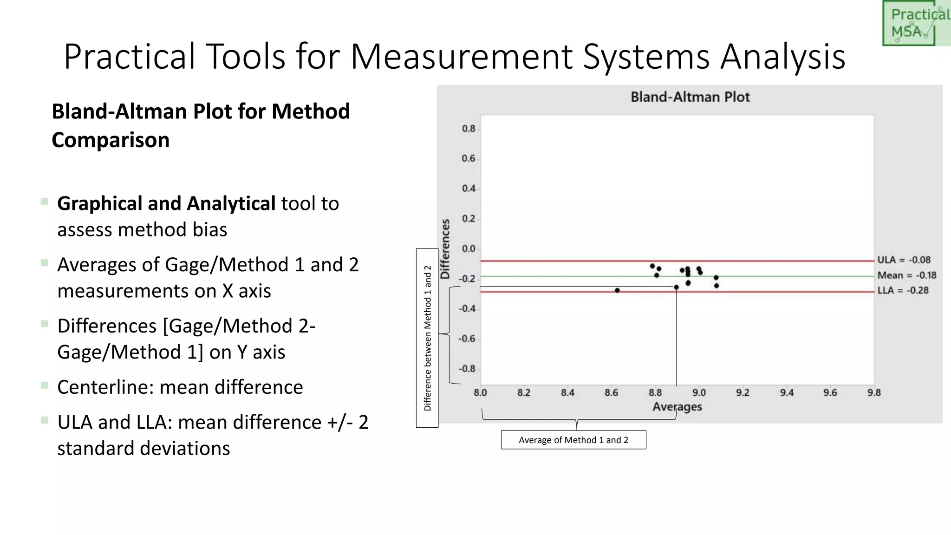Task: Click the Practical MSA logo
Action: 915,23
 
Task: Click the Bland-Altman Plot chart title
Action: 690,97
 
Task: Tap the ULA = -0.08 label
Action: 903,260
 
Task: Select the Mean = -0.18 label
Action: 906,275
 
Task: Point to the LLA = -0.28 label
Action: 903,291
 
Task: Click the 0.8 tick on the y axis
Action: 468,129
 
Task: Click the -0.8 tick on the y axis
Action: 467,369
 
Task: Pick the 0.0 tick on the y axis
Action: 468,249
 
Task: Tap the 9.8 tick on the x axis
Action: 873,393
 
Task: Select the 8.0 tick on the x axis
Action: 480,393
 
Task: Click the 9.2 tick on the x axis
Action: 743,393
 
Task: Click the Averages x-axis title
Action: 677,407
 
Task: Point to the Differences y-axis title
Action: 445,249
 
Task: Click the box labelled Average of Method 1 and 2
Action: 573,440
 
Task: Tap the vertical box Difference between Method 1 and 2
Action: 427,338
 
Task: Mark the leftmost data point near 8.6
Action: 617,290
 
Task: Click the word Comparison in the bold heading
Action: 111,140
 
